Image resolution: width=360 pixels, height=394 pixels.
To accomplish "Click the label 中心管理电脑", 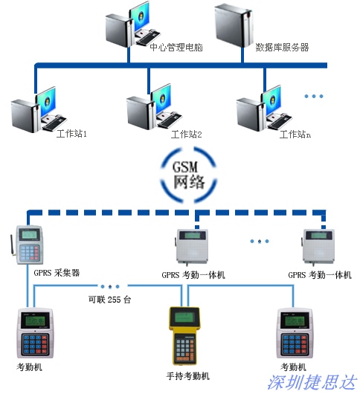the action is (176, 47).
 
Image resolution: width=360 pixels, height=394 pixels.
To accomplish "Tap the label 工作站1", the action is (71, 133).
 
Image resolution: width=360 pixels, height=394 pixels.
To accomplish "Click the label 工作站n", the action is (295, 135).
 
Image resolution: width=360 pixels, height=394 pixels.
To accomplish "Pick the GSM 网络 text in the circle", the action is (189, 175).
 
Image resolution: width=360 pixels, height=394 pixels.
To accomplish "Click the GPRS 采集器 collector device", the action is (29, 245).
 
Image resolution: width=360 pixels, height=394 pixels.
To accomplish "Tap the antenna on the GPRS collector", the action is (13, 245).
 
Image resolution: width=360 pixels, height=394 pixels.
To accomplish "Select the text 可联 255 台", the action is (110, 300).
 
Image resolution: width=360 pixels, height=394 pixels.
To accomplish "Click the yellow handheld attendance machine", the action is (184, 335).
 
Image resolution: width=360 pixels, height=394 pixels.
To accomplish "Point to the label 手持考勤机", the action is (187, 376).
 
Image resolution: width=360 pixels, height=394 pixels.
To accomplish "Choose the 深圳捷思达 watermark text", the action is (312, 382).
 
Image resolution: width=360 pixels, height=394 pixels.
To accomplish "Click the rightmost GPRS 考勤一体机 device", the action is (318, 247).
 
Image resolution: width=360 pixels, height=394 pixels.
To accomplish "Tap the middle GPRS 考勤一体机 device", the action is (192, 247).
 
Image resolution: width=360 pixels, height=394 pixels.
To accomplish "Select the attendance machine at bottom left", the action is (35, 333).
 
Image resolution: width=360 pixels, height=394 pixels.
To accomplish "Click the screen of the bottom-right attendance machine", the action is (294, 321).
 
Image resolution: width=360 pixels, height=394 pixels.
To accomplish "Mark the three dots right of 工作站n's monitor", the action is (313, 96).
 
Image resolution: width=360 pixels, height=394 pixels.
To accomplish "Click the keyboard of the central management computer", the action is (148, 38).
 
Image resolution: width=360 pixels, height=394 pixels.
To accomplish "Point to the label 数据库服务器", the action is (282, 48).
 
